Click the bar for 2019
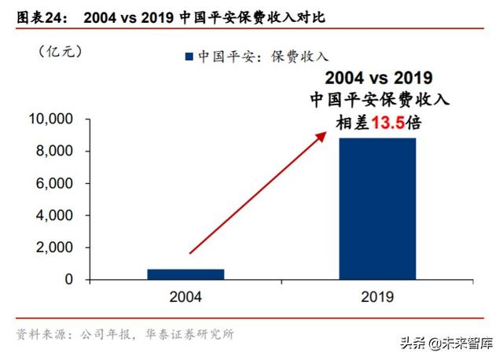[378, 208]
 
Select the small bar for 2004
[185, 274]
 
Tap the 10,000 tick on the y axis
[51, 119]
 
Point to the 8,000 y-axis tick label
[55, 152]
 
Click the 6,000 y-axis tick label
[55, 184]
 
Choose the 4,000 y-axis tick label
[55, 215]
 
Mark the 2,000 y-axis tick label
[55, 248]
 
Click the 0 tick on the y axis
[68, 280]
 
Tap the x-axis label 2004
[185, 298]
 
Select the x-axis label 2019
[378, 298]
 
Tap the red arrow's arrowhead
[321, 134]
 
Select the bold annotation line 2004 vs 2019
[378, 78]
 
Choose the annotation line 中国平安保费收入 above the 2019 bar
[378, 100]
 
